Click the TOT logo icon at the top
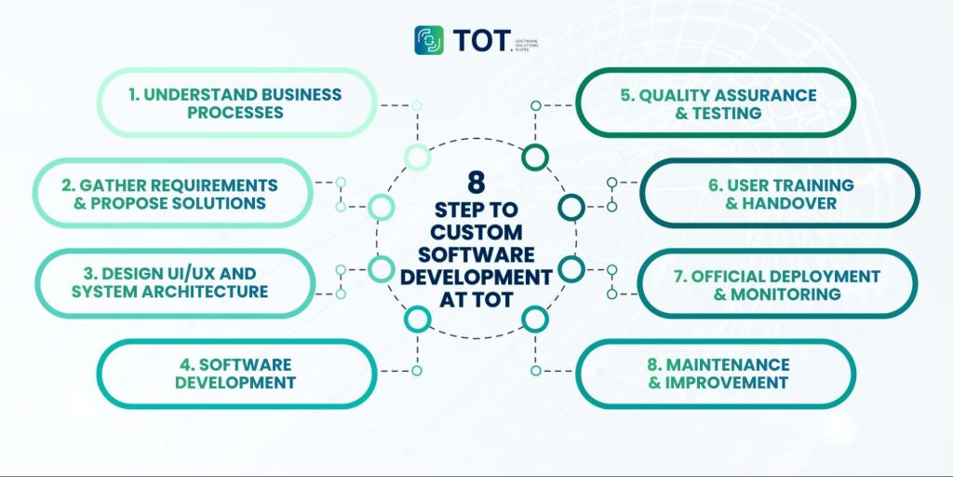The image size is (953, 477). pos(430,40)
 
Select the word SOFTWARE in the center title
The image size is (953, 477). pos(476,253)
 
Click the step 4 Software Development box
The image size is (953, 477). pos(236,374)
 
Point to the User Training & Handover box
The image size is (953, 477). pos(780,194)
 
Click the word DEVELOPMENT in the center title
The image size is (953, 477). pos(476,277)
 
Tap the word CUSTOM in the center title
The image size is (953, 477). pos(476,231)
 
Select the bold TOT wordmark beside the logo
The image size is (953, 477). pos(482,40)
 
